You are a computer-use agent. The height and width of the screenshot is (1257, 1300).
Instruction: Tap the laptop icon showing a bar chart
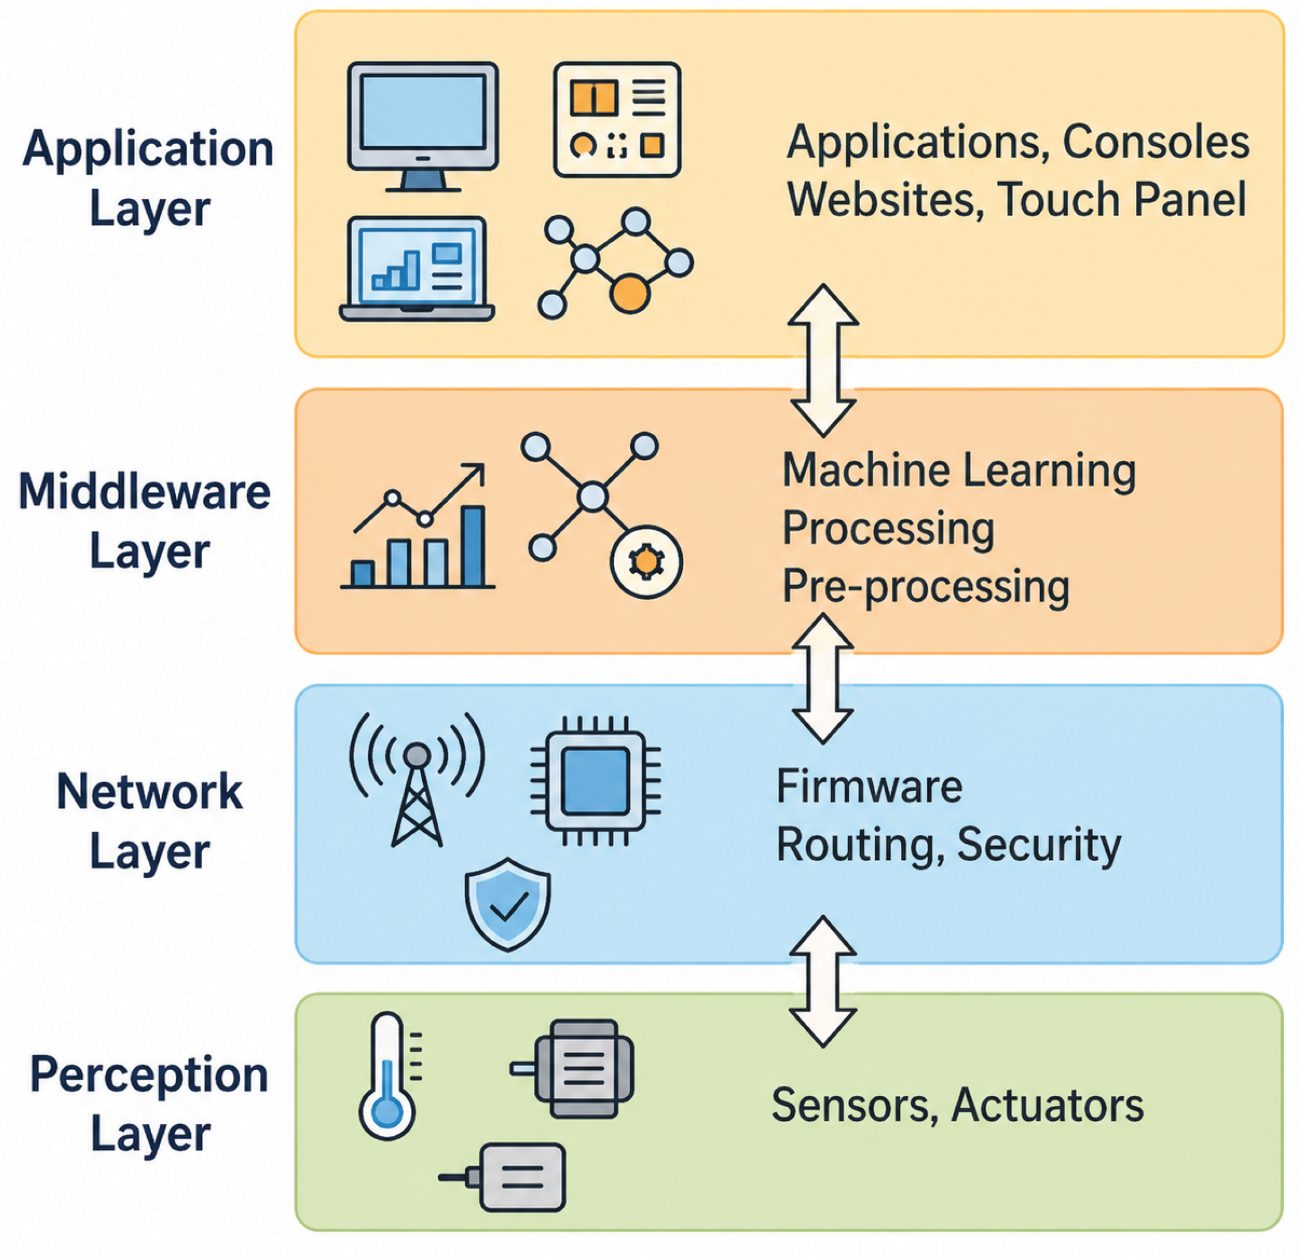click(x=416, y=269)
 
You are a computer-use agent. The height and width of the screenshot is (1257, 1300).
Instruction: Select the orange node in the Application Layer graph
click(x=629, y=294)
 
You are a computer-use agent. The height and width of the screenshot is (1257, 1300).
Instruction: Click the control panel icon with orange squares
click(x=617, y=120)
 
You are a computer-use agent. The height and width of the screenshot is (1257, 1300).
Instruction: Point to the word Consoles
click(x=1156, y=142)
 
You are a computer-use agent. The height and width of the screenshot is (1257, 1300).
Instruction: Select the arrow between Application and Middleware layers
click(x=823, y=360)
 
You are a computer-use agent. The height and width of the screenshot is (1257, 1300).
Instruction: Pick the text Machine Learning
click(x=959, y=471)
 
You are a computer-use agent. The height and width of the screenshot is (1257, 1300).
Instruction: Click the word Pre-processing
click(x=926, y=587)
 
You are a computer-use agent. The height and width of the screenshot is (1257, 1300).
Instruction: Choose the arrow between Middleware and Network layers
click(x=823, y=678)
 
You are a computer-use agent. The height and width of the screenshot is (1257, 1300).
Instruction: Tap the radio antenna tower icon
click(x=416, y=779)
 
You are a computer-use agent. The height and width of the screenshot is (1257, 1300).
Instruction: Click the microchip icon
click(x=595, y=781)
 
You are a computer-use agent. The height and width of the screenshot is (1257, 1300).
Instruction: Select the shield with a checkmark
click(x=507, y=904)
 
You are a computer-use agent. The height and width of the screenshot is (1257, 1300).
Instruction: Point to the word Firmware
click(x=869, y=787)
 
